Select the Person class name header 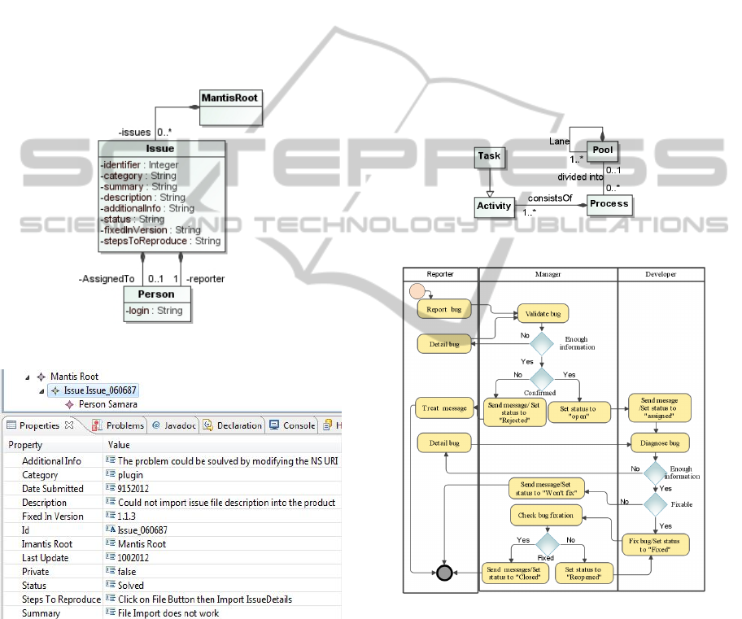click(155, 294)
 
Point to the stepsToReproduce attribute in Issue click(160, 241)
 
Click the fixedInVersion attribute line click(151, 230)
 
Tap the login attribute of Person click(154, 311)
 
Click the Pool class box click(603, 151)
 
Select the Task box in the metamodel click(489, 157)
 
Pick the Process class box click(609, 204)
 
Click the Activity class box click(494, 207)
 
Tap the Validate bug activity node click(543, 313)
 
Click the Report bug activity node click(443, 310)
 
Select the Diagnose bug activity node click(660, 443)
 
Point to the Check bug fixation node click(546, 516)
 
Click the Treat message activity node click(443, 408)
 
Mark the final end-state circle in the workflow click(444, 573)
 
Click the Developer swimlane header click(661, 275)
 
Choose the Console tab click(293, 425)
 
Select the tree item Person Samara click(107, 404)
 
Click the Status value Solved click(130, 586)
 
